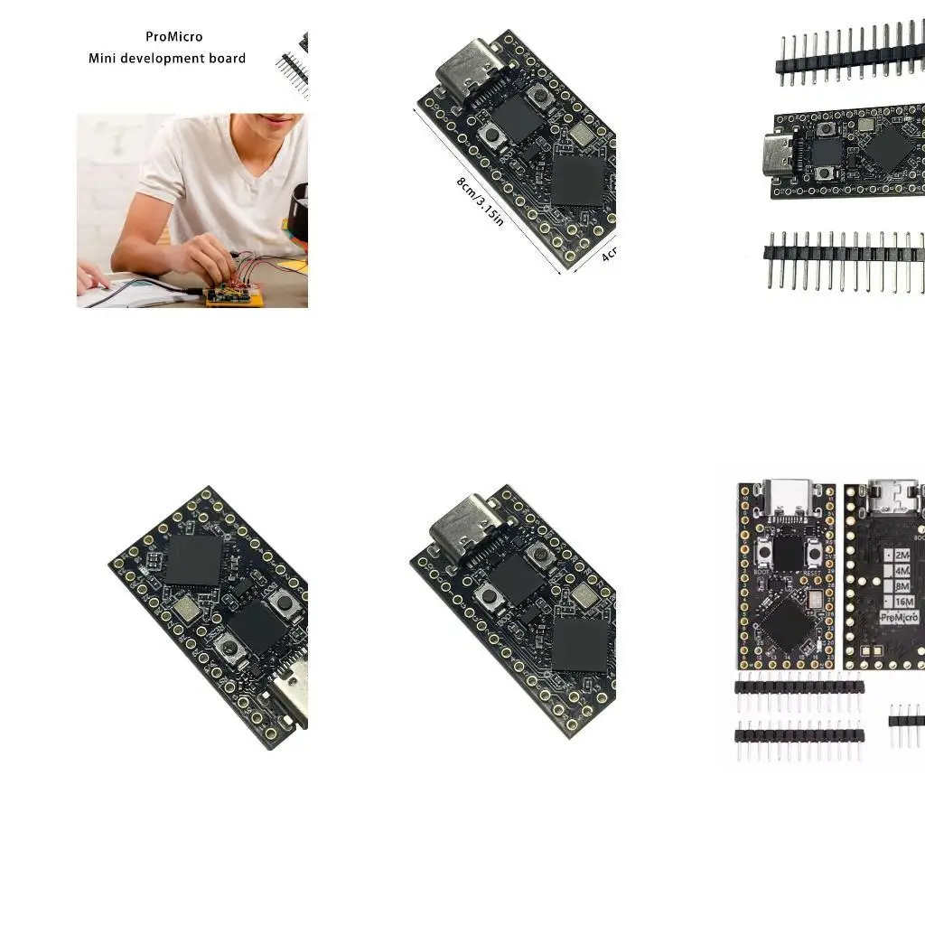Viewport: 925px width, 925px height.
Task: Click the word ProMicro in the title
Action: pos(174,37)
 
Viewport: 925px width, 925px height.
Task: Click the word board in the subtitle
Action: pos(226,59)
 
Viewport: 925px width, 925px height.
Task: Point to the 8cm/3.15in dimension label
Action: pos(480,201)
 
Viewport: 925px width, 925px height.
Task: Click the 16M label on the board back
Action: pos(904,602)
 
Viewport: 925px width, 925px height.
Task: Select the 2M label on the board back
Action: pos(902,555)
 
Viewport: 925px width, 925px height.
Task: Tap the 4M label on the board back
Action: pos(902,571)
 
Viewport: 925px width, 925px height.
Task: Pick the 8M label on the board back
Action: pos(902,586)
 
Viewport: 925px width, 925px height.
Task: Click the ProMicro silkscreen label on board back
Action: pos(899,618)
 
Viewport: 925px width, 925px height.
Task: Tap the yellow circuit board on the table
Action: pos(234,293)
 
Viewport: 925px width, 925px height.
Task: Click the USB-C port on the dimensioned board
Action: pos(467,74)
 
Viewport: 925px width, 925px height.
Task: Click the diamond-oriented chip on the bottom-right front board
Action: pos(790,623)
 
